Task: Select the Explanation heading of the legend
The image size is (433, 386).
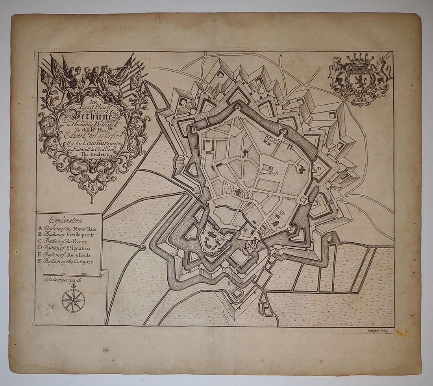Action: pyautogui.click(x=66, y=221)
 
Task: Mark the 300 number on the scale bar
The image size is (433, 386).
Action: pyautogui.click(x=101, y=273)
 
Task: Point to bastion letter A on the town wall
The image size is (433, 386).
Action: pyautogui.click(x=194, y=129)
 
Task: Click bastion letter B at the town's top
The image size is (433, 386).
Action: pyautogui.click(x=238, y=106)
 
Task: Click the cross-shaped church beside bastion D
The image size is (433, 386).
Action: pyautogui.click(x=302, y=170)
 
